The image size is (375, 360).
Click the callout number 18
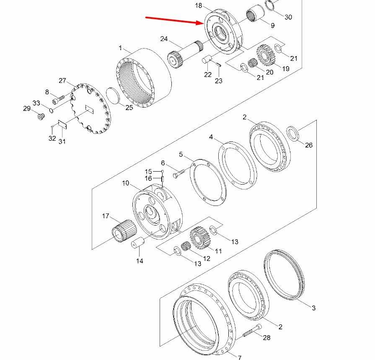pos(198,5)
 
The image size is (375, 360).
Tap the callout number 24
pos(164,39)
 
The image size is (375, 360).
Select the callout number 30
pos(288,17)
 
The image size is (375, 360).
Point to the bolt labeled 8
pos(58,100)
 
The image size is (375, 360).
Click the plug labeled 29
pos(41,117)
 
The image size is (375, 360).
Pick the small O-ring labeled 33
pos(51,110)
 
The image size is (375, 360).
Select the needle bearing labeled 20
pos(252,63)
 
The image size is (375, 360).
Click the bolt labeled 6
pos(179,173)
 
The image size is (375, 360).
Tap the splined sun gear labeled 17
pos(124,231)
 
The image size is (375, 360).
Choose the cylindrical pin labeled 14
pos(138,242)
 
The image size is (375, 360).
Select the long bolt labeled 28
pos(252,330)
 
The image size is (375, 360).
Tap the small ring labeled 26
pos(293,133)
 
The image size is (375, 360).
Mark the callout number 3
pos(314,308)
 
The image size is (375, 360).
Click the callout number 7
pos(240,357)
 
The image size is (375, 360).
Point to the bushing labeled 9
pos(255,13)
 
